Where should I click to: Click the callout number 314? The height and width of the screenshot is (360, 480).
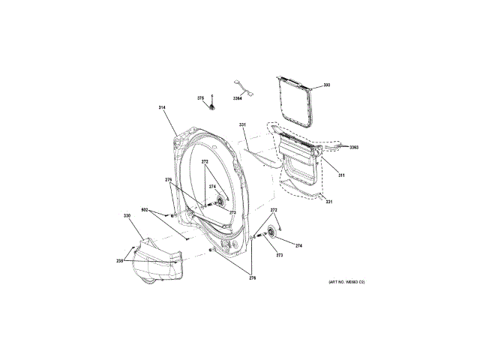coord(161,108)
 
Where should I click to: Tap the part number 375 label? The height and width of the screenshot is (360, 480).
coord(200,97)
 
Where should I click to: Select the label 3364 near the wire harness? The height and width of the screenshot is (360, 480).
coord(237,97)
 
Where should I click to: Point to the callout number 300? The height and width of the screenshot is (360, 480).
coord(326,85)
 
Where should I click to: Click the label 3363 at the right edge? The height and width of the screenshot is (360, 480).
coord(353,147)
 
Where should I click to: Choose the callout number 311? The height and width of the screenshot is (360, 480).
coord(341,175)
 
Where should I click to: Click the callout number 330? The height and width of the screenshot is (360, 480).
coord(127,216)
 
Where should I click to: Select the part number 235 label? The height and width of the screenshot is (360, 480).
coord(119,260)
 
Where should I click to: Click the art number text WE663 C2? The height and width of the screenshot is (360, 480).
coord(346,281)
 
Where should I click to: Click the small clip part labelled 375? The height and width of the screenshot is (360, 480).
coord(212,106)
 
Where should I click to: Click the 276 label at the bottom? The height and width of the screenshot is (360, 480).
coord(252,277)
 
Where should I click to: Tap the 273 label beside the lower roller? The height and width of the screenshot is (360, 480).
coord(280,256)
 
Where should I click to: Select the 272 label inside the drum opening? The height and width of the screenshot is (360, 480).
coord(203,163)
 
